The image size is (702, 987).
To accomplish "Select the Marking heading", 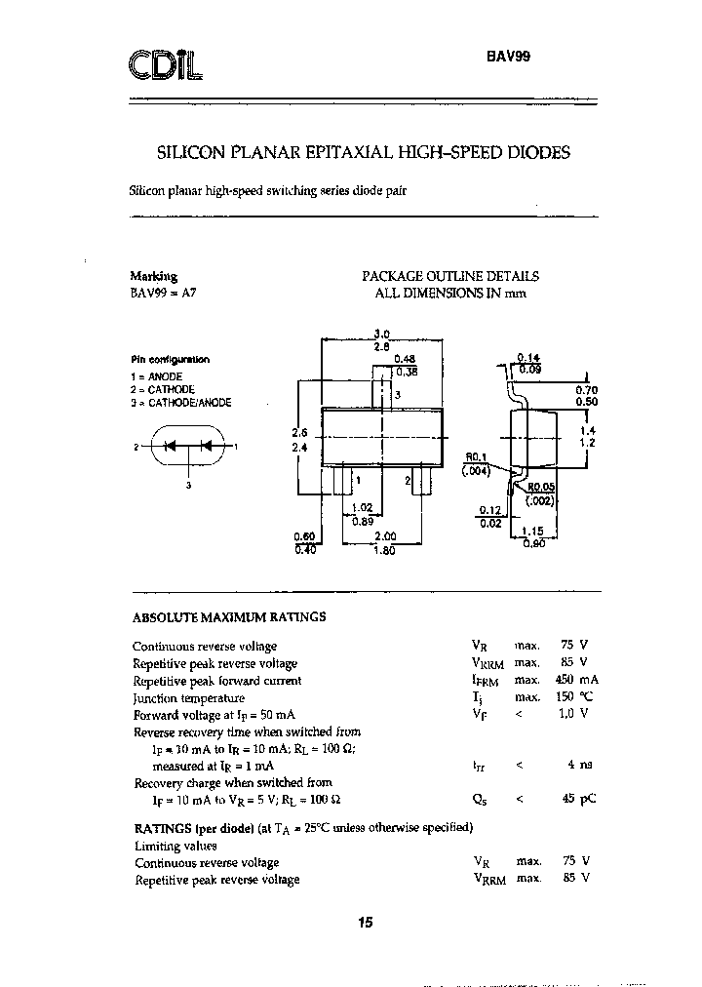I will [x=153, y=276].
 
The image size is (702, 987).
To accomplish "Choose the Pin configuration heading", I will [x=171, y=360].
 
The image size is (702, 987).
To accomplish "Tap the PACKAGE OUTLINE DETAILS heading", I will [x=450, y=276].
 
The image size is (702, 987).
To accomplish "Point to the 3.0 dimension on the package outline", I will [x=382, y=334].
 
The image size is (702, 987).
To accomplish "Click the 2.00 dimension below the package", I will [x=385, y=536].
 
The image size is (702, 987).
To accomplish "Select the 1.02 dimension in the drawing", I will [x=362, y=507].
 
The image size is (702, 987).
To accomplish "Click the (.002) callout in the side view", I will [x=539, y=501].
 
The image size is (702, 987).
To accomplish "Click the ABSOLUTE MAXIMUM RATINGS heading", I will [x=228, y=617].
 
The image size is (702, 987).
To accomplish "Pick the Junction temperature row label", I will [x=189, y=698].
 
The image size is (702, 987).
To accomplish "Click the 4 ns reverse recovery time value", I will [x=583, y=766].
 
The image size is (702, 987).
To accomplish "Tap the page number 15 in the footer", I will [x=366, y=923].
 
